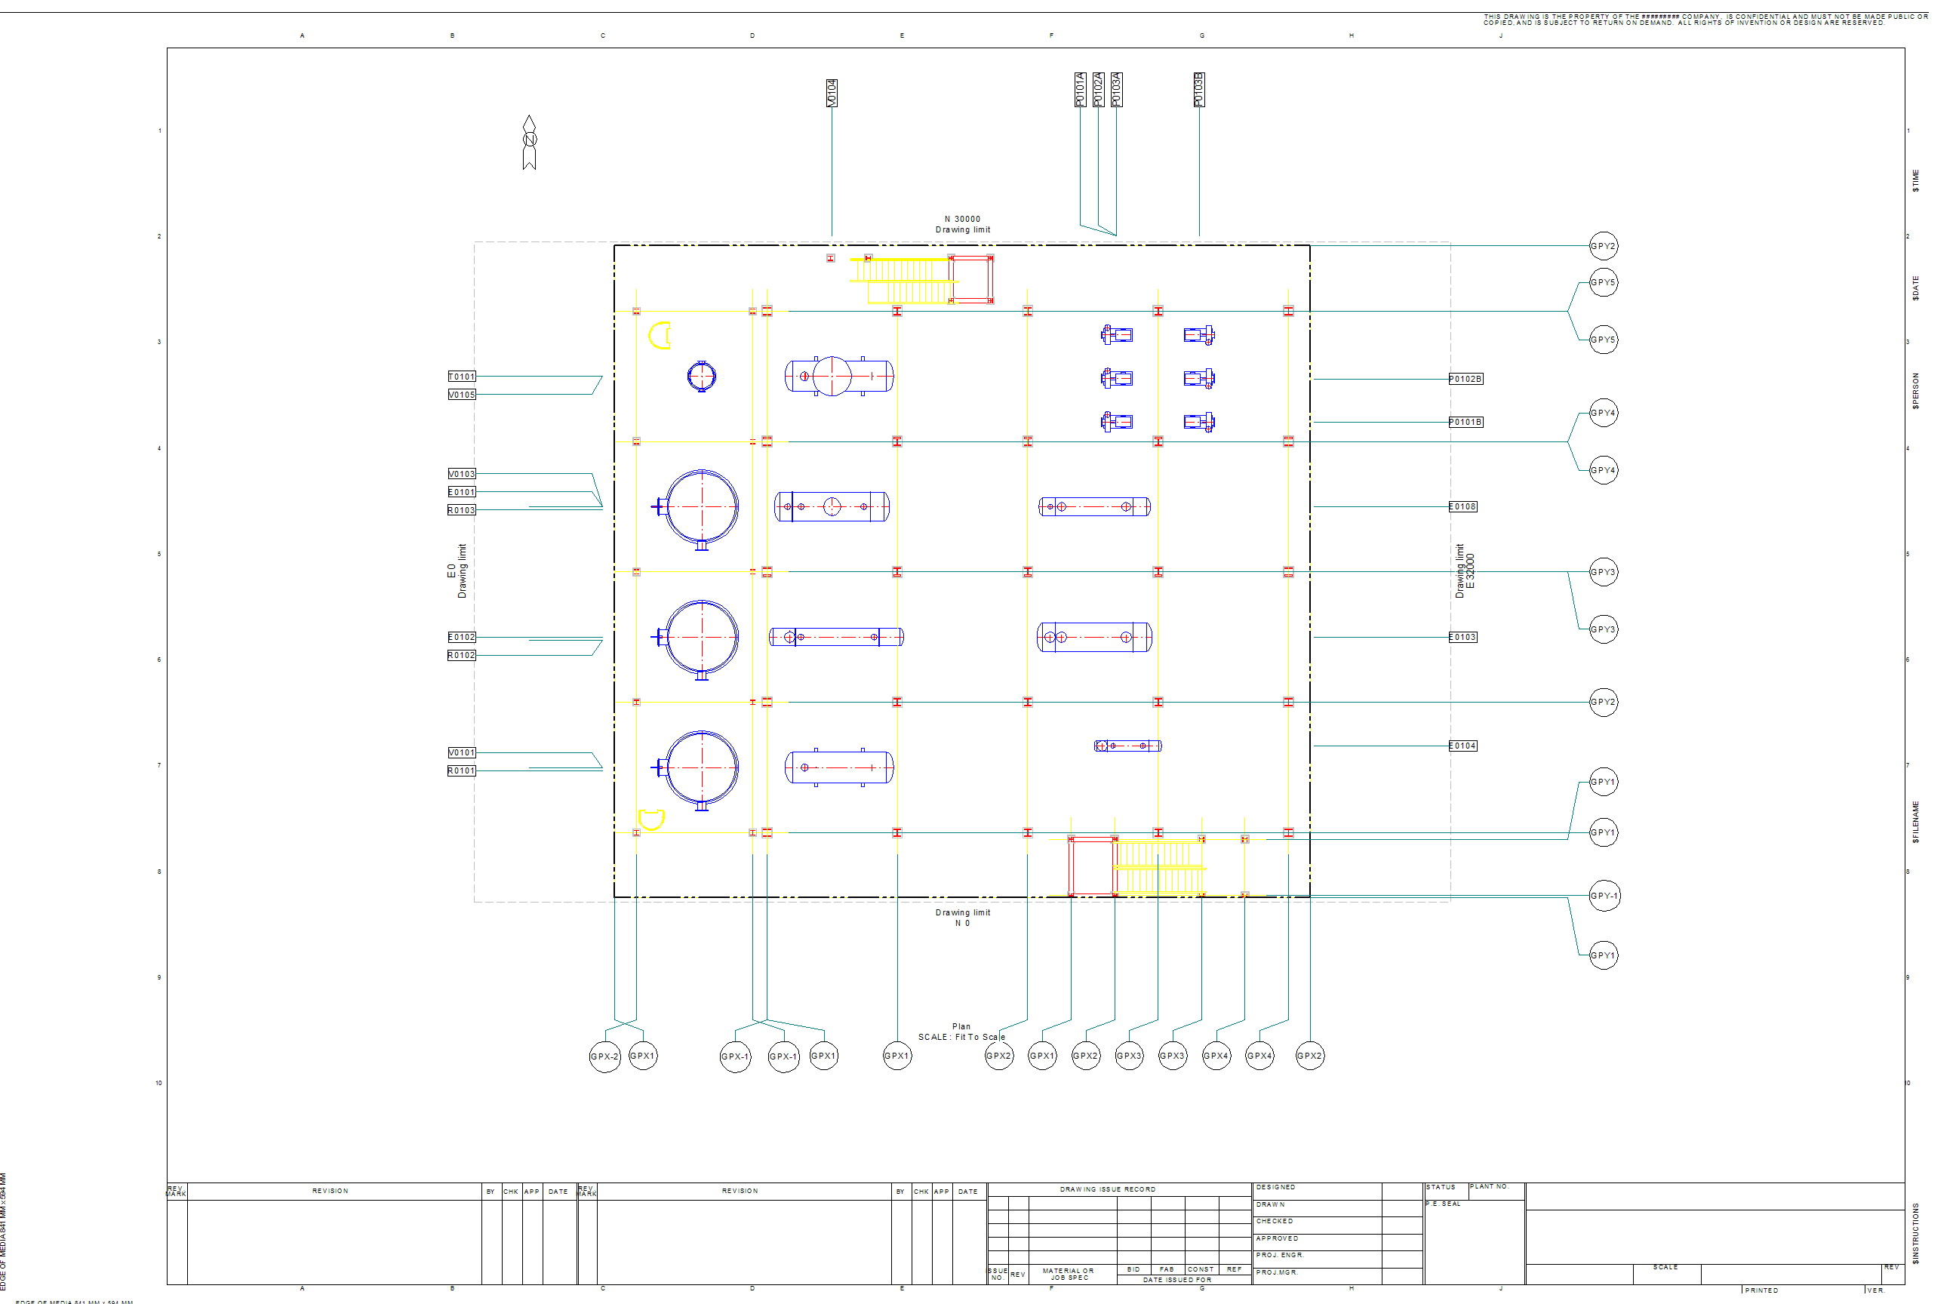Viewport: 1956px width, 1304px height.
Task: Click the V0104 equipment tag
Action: (832, 92)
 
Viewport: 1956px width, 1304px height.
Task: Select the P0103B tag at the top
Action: (1198, 90)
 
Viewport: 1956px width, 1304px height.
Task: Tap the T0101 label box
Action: (462, 377)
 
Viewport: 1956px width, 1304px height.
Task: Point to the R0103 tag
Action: (462, 511)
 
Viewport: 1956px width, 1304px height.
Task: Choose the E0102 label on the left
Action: (462, 637)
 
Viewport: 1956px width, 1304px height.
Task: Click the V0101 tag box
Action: (462, 752)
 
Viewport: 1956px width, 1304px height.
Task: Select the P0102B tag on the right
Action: (1465, 380)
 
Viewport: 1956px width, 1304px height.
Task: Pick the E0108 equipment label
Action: (1462, 506)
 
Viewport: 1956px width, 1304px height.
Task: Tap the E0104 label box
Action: (1462, 746)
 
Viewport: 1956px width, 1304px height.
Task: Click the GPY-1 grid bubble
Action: (1604, 896)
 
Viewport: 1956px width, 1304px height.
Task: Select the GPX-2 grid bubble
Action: (604, 1056)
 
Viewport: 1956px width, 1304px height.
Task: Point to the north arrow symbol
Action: (529, 141)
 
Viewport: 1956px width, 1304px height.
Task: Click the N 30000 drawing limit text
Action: (962, 220)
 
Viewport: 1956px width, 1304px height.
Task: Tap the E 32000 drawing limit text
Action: (1470, 571)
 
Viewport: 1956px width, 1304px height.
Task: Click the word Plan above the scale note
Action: (961, 1026)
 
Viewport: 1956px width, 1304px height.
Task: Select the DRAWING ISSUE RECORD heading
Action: (1107, 1189)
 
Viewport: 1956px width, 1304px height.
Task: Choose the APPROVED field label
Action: (1277, 1238)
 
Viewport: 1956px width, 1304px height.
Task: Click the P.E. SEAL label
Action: (1443, 1204)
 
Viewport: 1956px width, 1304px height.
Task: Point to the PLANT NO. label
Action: (1490, 1187)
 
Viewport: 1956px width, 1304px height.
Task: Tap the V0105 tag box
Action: (462, 395)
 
